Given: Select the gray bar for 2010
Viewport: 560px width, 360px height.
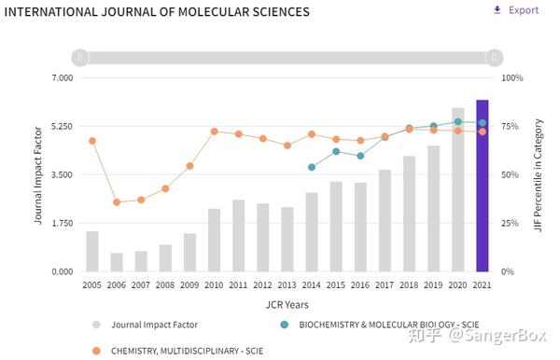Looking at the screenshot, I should tap(214, 240).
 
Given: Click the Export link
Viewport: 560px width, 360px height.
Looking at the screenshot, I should tap(516, 10).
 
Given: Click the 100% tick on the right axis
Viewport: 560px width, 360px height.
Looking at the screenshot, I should tap(511, 77).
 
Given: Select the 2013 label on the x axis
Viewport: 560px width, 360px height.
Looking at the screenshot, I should tap(287, 284).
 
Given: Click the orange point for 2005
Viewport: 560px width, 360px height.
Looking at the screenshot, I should tap(92, 141).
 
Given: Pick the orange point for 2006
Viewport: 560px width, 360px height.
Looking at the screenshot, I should tap(117, 202).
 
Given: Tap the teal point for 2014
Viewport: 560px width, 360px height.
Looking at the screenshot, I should tap(312, 167).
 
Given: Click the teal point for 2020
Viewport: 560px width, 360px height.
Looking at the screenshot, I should tap(457, 122).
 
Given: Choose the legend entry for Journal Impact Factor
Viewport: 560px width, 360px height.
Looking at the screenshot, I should tap(154, 325).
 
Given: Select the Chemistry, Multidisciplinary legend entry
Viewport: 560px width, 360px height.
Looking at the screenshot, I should tap(177, 351).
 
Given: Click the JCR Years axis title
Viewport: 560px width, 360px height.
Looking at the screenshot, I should tap(287, 304).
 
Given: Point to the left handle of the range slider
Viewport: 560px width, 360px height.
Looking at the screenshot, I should tap(81, 58).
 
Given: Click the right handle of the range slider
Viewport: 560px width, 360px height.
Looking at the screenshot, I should tap(494, 58).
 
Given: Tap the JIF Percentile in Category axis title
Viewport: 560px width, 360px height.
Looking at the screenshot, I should tap(539, 174).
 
